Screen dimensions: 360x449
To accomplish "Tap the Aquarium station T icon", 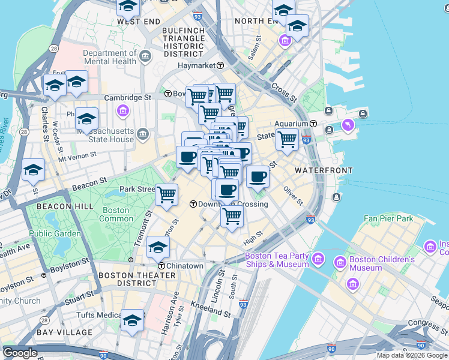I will point(314,123).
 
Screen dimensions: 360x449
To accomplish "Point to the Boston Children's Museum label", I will point(384,263).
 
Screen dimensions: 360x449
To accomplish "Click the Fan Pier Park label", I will point(388,219).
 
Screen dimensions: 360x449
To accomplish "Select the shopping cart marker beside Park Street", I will point(166,194).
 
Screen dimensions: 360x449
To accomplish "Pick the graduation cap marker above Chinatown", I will point(158,247).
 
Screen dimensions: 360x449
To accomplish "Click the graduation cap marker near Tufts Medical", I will point(132,320).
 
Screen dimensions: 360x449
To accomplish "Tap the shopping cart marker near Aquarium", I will point(287,139).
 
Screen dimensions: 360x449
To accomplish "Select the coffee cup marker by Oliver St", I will point(258,176).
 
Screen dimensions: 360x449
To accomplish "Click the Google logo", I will point(20,353).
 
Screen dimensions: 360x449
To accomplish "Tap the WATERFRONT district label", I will point(324,170).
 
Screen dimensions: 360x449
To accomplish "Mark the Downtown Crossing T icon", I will point(193,204).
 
